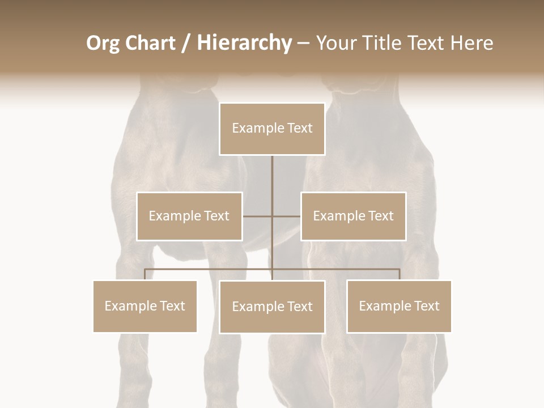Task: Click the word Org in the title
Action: (x=103, y=43)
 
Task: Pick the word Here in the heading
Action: (x=471, y=43)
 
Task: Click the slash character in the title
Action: (x=185, y=43)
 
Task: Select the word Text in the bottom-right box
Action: (x=426, y=306)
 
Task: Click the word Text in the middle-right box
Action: (x=380, y=216)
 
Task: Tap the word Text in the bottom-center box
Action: (x=299, y=307)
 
